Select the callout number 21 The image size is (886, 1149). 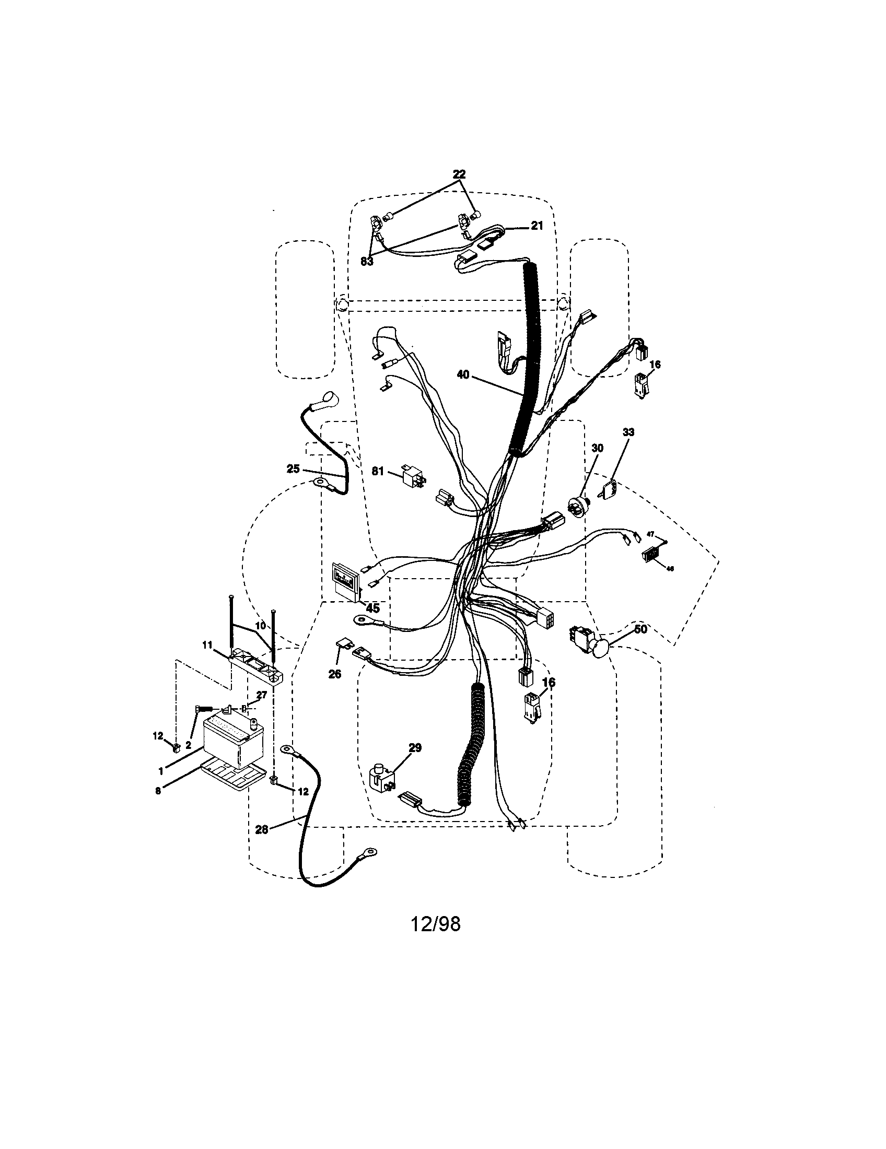tap(536, 226)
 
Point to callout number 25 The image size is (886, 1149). tap(293, 468)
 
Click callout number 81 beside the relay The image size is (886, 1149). tap(378, 472)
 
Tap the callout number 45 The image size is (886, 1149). tap(372, 608)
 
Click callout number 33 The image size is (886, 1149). tap(628, 432)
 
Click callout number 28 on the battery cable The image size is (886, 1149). tap(262, 829)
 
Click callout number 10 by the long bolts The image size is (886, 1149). tap(261, 627)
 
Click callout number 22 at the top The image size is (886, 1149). tap(459, 174)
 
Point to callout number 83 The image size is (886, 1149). tap(367, 261)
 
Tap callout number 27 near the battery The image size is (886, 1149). tap(262, 695)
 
